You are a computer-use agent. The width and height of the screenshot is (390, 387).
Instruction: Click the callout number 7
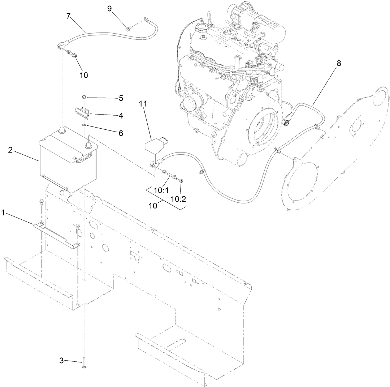click(x=68, y=16)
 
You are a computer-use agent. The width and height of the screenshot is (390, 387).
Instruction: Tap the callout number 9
click(x=109, y=8)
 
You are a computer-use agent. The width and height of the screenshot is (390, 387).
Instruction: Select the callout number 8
click(x=338, y=63)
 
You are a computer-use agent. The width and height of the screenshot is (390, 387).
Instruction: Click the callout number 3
click(x=61, y=360)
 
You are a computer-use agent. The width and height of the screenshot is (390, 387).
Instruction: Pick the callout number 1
click(x=3, y=213)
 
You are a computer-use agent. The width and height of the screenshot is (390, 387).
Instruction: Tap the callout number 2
click(x=10, y=150)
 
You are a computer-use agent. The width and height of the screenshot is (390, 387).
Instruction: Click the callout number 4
click(x=121, y=116)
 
